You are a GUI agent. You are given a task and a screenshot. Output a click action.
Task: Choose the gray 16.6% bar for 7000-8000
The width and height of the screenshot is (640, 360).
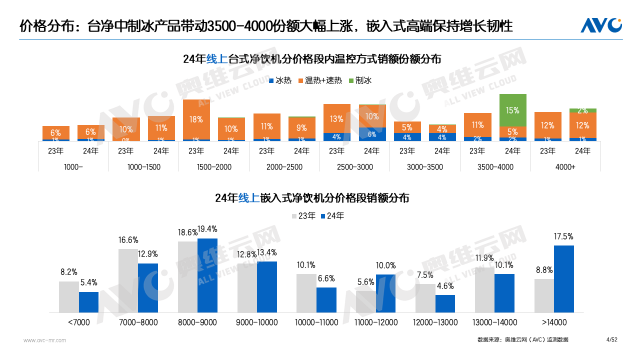click(128, 282)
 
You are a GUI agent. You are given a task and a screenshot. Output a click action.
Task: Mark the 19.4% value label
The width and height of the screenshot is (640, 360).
click(207, 229)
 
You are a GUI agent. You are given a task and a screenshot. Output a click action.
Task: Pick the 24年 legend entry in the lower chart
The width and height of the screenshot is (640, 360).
click(338, 215)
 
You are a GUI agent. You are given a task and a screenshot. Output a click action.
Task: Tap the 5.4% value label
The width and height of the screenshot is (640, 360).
click(89, 283)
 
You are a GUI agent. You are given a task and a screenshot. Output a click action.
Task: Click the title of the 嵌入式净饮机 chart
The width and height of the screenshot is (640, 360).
click(319, 197)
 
